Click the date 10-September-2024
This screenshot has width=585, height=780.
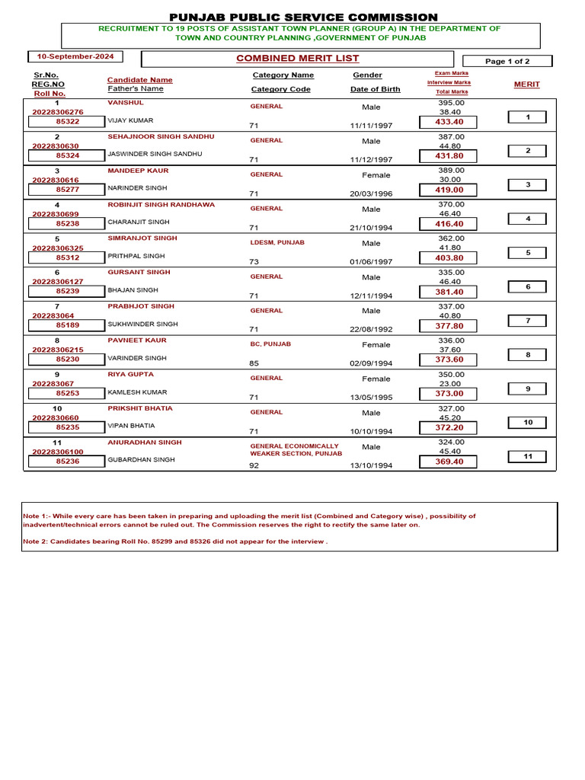tap(75, 56)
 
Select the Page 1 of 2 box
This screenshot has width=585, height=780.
tap(507, 61)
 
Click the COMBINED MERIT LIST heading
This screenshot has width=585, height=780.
tap(297, 59)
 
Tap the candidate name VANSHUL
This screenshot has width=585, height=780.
tap(126, 102)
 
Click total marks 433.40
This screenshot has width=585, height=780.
tap(449, 122)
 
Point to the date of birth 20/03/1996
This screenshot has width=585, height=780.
tap(371, 193)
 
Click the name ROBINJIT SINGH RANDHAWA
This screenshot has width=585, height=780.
tap(161, 204)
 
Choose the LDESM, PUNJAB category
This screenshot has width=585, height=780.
tap(277, 242)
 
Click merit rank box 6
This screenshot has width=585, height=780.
tap(527, 286)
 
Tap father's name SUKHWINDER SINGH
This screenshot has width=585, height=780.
tap(142, 324)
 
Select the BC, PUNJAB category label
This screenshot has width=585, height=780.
tap(270, 344)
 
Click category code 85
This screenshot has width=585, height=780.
tap(254, 363)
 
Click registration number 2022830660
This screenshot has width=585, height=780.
tap(55, 417)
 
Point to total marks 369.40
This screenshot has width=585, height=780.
tap(449, 462)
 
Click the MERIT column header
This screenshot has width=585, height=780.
tap(526, 85)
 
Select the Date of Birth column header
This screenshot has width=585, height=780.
tap(375, 89)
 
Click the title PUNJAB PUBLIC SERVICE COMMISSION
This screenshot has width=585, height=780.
tap(303, 17)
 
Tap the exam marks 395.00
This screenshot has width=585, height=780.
tap(451, 102)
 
